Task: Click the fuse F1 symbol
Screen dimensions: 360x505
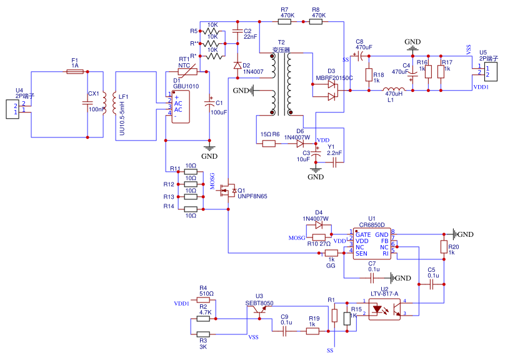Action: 75,72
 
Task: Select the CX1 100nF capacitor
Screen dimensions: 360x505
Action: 87,102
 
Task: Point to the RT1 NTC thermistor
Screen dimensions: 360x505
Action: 188,72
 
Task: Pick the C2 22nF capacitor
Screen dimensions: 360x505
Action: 237,31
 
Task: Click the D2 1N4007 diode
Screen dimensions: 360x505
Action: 237,66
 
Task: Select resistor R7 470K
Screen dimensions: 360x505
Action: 284,21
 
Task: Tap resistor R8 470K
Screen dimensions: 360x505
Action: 315,21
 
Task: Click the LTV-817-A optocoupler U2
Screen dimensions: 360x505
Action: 384,308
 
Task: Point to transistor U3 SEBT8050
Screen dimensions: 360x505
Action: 258,311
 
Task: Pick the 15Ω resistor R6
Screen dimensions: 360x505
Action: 269,144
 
